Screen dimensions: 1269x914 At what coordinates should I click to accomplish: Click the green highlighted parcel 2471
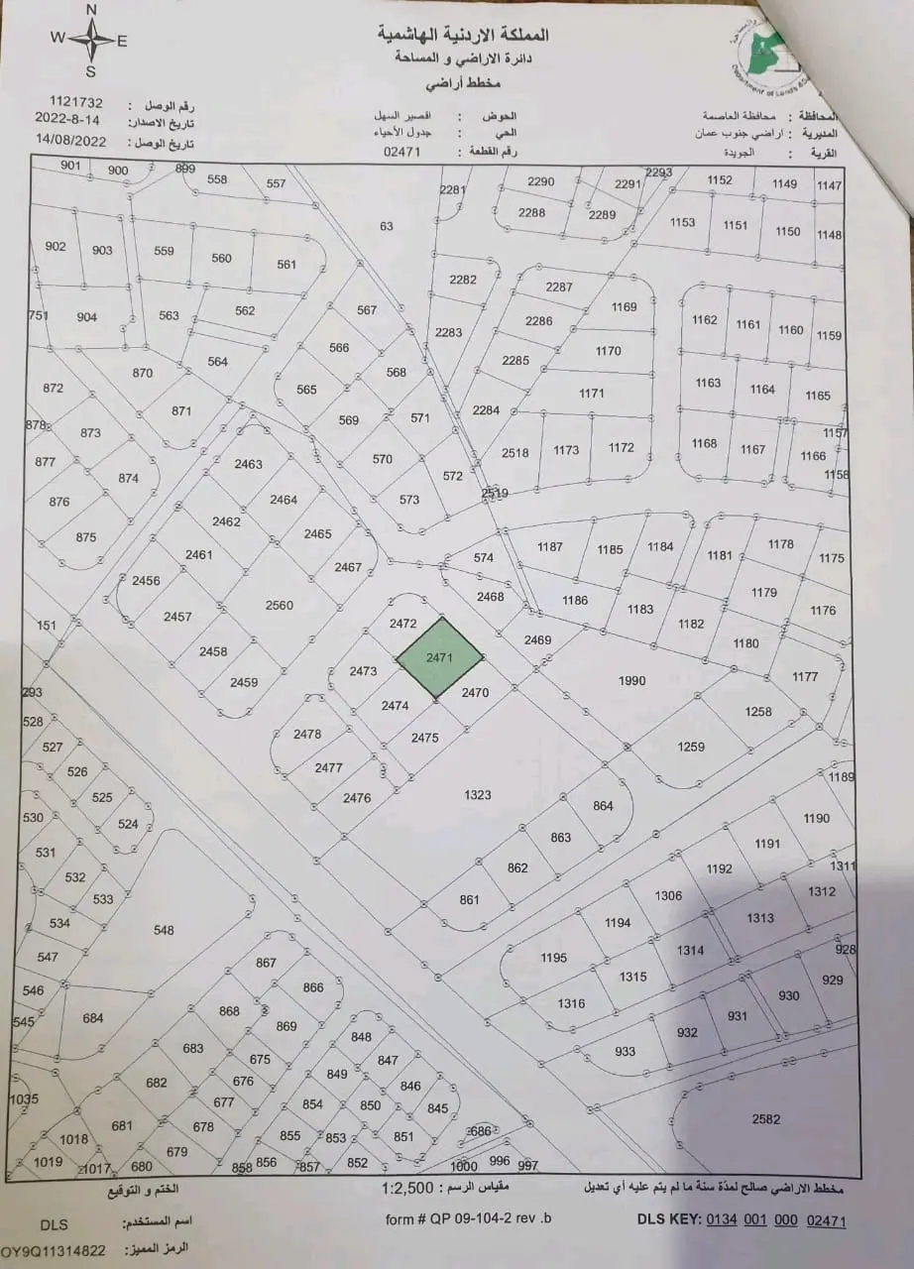click(x=440, y=657)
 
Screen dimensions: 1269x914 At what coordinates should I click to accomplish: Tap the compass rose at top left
click(x=90, y=41)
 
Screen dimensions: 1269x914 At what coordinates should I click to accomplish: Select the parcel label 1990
click(x=631, y=680)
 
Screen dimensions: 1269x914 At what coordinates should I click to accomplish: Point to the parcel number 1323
click(x=477, y=795)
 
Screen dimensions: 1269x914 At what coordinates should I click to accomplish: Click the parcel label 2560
click(x=280, y=605)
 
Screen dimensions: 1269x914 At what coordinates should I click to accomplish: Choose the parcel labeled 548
click(x=164, y=930)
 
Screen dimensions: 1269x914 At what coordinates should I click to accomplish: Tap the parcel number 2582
click(x=766, y=1118)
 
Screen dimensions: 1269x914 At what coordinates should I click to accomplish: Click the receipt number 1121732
click(x=76, y=102)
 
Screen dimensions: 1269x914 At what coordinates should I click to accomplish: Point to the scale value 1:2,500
click(x=409, y=1187)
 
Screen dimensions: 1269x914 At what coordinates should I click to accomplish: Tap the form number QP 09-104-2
click(x=468, y=1218)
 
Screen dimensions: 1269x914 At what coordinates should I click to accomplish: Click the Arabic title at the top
click(x=463, y=35)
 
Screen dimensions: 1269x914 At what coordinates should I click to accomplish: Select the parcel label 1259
click(x=690, y=747)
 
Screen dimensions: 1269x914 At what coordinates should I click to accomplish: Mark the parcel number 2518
click(x=515, y=453)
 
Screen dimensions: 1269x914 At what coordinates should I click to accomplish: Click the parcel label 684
click(x=93, y=1018)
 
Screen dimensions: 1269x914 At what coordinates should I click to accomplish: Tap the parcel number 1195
click(x=553, y=958)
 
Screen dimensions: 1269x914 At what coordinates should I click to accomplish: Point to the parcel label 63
click(x=387, y=226)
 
